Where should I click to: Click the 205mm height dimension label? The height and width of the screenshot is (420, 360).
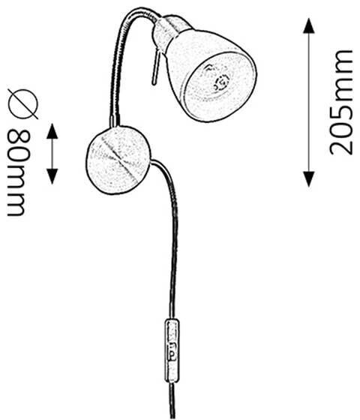340,102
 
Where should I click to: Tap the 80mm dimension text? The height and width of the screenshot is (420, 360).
18,172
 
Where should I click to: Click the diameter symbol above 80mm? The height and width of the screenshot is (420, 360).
22,103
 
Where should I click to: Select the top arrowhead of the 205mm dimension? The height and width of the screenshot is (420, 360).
308,25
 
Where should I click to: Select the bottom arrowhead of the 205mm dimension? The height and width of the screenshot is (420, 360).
308,179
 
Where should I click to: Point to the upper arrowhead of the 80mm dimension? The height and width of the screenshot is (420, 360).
52,131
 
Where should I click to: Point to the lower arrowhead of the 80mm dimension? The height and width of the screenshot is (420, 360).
52,176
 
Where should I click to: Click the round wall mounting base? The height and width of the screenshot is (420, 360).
118,160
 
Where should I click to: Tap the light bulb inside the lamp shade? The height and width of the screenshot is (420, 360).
217,78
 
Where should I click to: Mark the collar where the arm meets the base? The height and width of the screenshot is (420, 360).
115,121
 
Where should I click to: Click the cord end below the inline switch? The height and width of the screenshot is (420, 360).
172,401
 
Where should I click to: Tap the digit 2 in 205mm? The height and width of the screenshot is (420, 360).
340,145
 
